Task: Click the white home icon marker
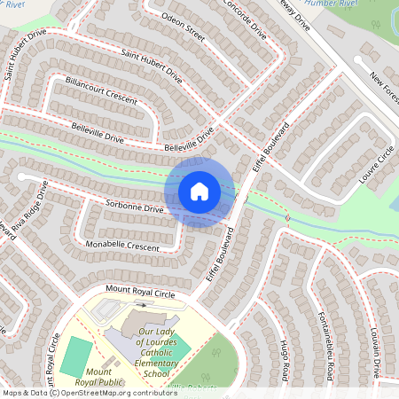[199, 192]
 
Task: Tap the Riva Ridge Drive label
[29, 205]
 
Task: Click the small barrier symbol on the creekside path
[287, 216]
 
